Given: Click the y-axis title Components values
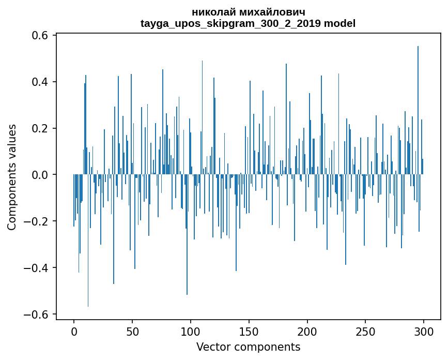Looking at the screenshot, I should coord(12,177).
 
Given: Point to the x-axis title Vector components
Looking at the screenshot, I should coord(248,347).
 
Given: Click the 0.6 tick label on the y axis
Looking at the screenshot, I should coord(40,36).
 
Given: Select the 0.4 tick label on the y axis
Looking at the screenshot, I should coord(40,82).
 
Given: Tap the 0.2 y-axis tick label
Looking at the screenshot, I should coord(40,129).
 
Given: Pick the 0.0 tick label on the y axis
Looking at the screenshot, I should coord(40,175).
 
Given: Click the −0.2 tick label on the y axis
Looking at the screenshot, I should coord(36,221).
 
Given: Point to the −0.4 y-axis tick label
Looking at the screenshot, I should coord(36,268).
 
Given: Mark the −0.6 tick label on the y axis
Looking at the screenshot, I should coord(36,314).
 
